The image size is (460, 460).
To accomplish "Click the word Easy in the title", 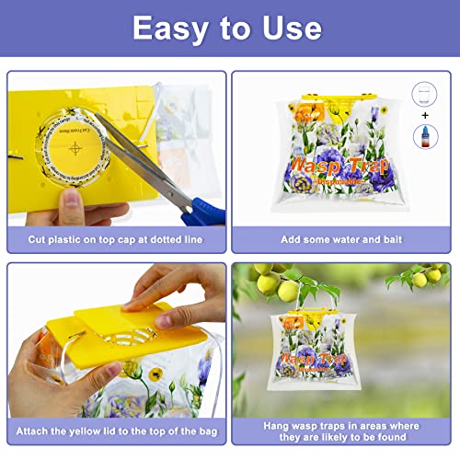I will click(170, 28).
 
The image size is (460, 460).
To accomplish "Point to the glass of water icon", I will click(422, 95).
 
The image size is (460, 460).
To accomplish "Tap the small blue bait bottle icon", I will click(422, 136).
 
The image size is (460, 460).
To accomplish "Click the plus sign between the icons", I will click(422, 114).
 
